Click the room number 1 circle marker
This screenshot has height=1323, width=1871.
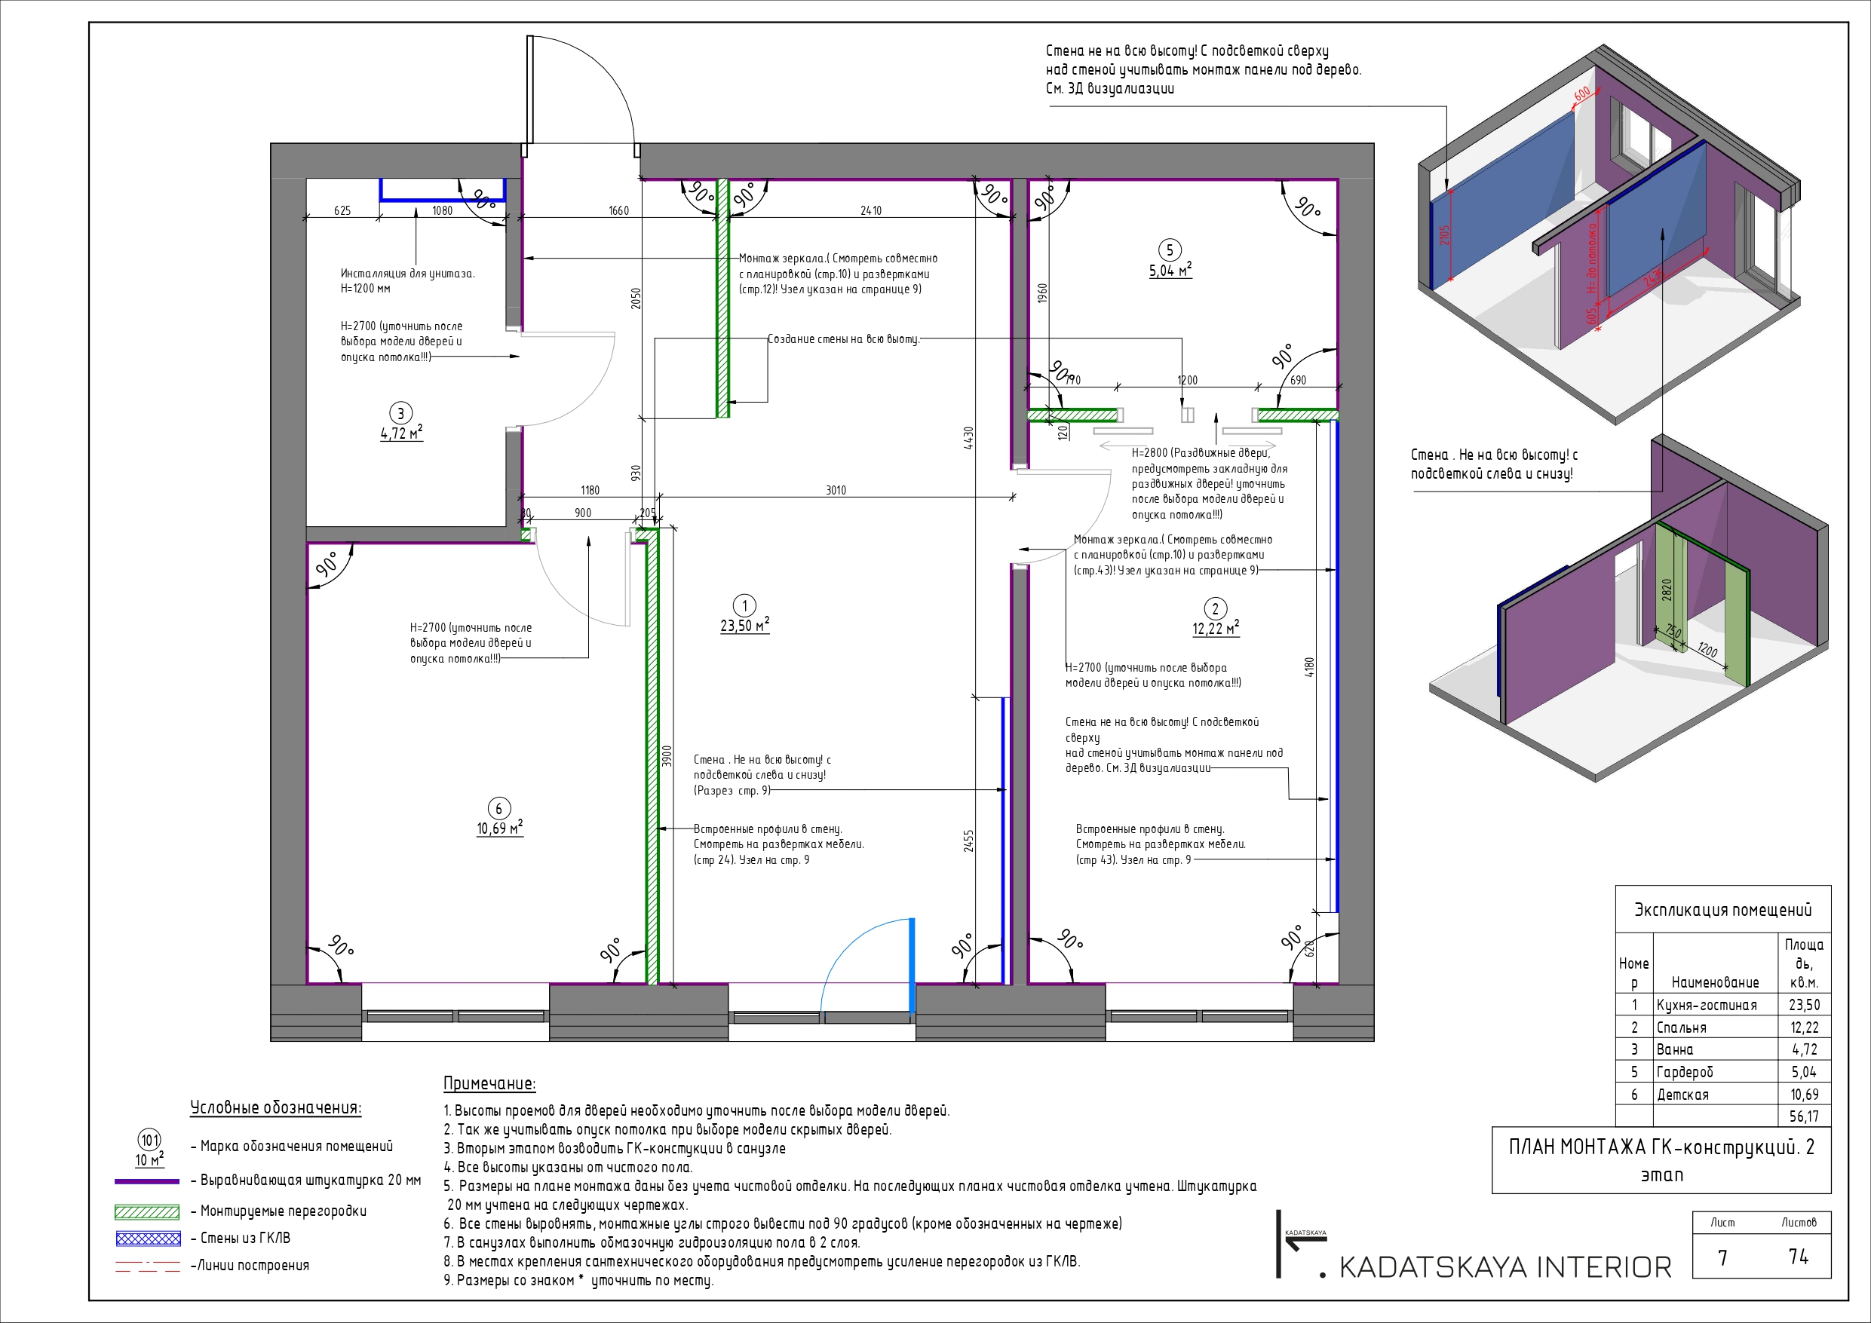click(744, 605)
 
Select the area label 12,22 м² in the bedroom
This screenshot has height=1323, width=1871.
click(1215, 629)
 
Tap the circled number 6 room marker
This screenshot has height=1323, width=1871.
click(498, 808)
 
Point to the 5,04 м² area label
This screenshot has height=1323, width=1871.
click(1170, 271)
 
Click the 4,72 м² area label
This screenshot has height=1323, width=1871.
click(401, 433)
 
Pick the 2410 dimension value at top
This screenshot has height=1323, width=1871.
click(870, 210)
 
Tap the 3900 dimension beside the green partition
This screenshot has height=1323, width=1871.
click(667, 756)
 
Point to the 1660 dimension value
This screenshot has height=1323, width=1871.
click(618, 210)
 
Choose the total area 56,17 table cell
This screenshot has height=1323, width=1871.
click(1804, 1116)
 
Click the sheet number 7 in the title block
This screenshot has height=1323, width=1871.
click(1722, 1258)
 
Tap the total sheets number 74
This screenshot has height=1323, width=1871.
click(1799, 1257)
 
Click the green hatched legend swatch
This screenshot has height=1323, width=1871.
click(148, 1212)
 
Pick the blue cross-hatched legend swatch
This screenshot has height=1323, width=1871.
click(148, 1239)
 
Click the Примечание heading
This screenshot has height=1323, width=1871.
click(489, 1083)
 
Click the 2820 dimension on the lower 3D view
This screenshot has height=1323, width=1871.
click(1667, 589)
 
